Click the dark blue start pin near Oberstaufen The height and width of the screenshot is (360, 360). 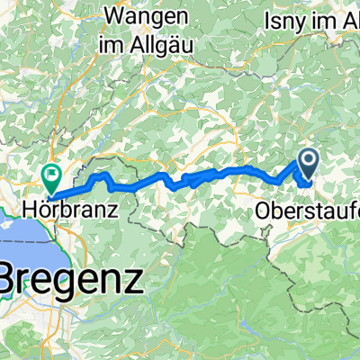tap(307, 163)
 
